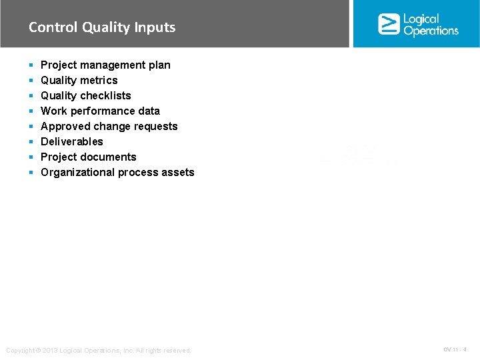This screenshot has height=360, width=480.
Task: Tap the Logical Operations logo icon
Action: (x=389, y=24)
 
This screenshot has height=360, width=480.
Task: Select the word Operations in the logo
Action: (x=431, y=31)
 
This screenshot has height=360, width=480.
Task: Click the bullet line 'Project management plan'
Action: (x=105, y=65)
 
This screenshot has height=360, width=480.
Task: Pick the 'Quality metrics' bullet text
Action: (x=79, y=80)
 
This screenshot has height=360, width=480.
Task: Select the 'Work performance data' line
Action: (x=100, y=111)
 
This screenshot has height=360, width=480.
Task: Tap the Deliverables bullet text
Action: (x=72, y=141)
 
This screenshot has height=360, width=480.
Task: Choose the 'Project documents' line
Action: (x=88, y=157)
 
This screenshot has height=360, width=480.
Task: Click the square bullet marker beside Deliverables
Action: (x=31, y=142)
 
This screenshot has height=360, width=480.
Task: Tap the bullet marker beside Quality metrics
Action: (x=31, y=81)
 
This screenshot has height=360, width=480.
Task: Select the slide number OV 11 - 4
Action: (x=455, y=349)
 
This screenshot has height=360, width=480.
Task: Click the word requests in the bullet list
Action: (x=156, y=126)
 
